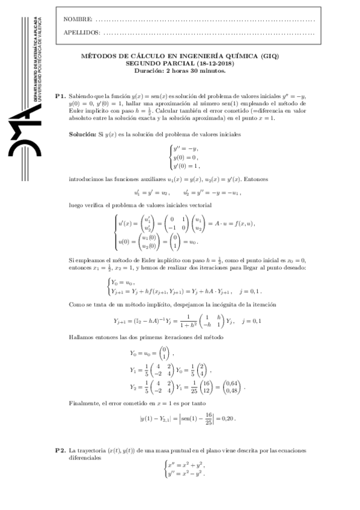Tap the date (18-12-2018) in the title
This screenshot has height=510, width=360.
[214, 63]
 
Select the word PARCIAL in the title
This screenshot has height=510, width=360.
[176, 63]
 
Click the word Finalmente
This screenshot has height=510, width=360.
[85, 402]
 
